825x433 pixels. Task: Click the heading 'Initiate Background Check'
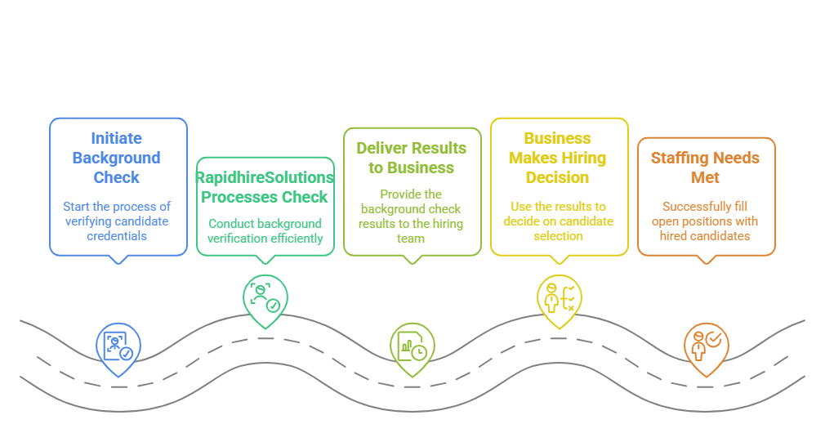(117, 158)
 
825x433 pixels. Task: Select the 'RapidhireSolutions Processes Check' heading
(265, 187)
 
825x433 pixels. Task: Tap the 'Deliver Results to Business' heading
(411, 158)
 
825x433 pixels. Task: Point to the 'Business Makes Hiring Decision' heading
(558, 158)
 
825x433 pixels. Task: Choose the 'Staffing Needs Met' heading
(705, 167)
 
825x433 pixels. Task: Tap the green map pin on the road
(265, 298)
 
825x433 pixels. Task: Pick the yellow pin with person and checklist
(560, 298)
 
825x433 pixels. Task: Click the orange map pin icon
(707, 346)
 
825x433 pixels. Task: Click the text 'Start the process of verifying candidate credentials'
(117, 221)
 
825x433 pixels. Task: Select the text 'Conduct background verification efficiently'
(265, 230)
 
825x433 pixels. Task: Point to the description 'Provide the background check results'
(411, 216)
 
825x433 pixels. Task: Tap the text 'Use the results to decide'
(558, 221)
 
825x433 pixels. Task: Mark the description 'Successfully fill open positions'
(705, 221)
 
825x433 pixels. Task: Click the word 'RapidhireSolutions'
(265, 177)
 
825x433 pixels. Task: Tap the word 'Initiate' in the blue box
(117, 138)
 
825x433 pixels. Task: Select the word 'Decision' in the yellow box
(558, 177)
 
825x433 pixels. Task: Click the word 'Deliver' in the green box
(381, 148)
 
